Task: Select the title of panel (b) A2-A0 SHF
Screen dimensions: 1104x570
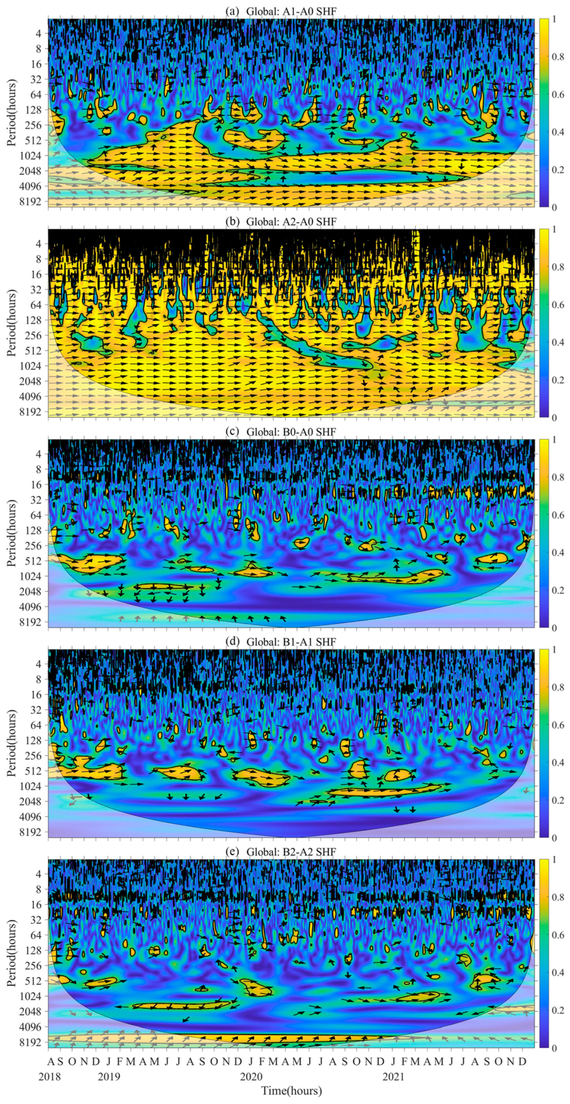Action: [x=281, y=222]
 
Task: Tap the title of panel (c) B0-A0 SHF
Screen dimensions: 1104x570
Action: [x=281, y=432]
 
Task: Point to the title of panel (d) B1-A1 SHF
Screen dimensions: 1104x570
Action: [x=281, y=642]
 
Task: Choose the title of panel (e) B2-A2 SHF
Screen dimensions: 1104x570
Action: [x=281, y=851]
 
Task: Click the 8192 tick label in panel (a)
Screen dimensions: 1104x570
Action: [x=33, y=201]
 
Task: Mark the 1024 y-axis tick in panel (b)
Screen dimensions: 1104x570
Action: [x=33, y=366]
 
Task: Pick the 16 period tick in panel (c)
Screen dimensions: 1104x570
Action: [x=36, y=484]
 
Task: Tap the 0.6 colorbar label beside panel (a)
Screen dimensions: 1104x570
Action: [x=557, y=94]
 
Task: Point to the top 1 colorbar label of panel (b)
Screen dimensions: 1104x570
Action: [x=554, y=229]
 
